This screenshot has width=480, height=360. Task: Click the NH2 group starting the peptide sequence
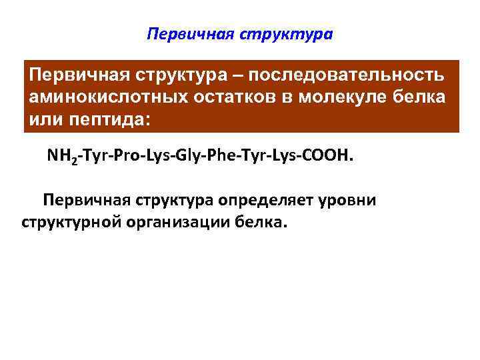pyautogui.click(x=60, y=157)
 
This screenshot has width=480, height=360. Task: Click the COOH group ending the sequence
pyautogui.click(x=326, y=157)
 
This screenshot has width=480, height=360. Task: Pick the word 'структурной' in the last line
pyautogui.click(x=69, y=221)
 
